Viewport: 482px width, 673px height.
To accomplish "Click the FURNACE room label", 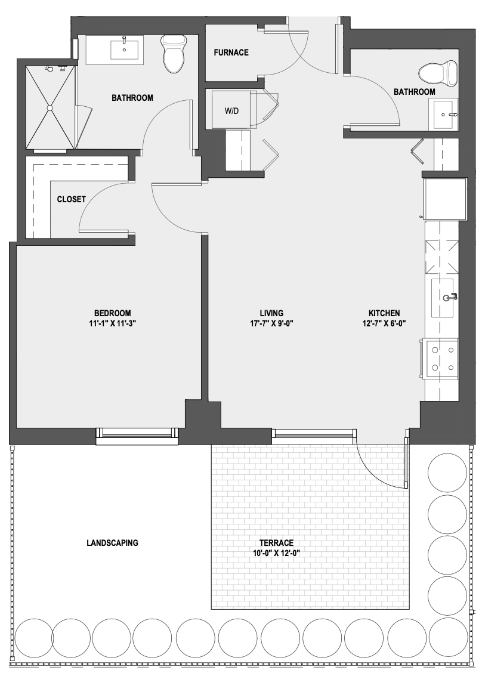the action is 231,53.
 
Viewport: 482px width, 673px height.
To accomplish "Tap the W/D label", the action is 231,111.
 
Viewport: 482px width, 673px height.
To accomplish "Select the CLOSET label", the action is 71,199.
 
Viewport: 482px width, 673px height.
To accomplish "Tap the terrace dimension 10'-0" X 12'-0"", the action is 276,553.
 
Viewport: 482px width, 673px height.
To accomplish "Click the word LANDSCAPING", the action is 113,543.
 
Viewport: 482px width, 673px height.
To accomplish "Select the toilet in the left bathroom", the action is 174,54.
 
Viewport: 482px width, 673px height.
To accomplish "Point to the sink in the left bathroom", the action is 125,50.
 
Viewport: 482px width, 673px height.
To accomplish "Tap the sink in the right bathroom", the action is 445,114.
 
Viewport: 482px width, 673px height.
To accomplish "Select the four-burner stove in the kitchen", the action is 441,359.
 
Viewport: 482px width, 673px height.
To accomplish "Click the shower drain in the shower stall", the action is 50,108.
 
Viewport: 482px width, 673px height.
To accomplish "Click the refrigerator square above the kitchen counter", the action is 444,198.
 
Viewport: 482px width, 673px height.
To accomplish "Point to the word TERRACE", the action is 276,543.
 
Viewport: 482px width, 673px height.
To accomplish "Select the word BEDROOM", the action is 113,313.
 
